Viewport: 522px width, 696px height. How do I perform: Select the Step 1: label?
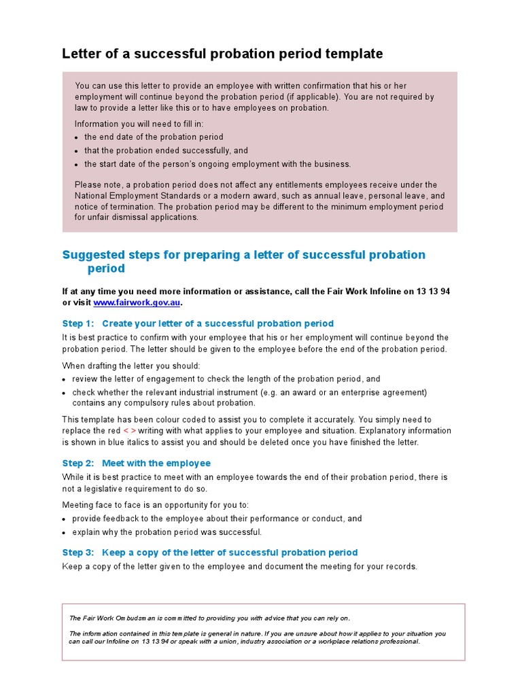click(x=77, y=324)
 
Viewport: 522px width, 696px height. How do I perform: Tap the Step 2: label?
click(x=77, y=464)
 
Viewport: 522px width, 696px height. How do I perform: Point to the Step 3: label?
click(x=77, y=553)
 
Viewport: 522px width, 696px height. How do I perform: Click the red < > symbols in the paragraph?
click(x=130, y=431)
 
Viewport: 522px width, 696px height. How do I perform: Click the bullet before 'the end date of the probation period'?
click(x=76, y=137)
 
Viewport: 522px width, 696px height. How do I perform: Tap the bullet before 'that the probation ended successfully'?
click(x=76, y=151)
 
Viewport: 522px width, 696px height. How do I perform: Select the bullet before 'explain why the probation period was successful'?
click(x=65, y=533)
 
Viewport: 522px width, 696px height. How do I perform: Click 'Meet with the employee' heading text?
click(x=156, y=464)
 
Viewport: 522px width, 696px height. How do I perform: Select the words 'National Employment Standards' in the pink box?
click(x=136, y=196)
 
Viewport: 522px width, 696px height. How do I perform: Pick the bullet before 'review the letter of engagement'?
click(x=65, y=380)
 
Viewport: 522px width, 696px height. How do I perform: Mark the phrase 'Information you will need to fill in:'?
click(x=139, y=124)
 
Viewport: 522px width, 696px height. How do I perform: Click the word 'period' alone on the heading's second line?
click(x=106, y=268)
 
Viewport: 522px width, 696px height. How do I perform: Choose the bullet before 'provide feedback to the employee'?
click(x=65, y=519)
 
